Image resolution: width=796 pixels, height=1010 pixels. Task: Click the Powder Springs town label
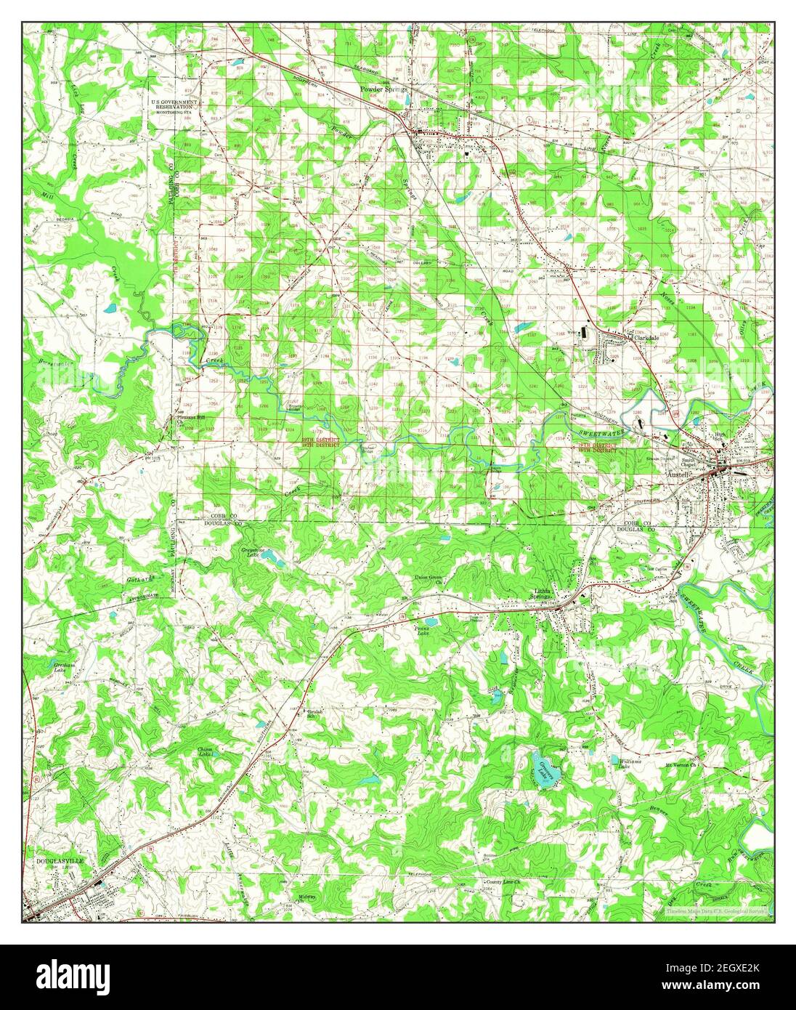[384, 89]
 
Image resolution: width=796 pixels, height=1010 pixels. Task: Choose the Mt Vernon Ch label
[681, 765]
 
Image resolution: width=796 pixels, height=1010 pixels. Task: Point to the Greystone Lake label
[251, 553]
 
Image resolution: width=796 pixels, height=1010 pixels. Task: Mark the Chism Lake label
[208, 752]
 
